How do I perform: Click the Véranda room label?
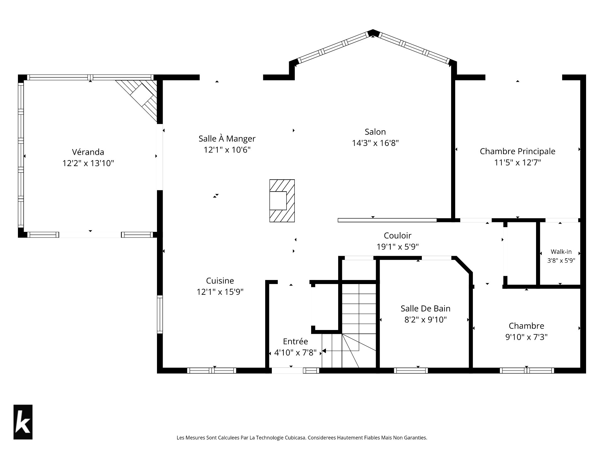click(x=88, y=152)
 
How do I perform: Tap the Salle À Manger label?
click(x=227, y=138)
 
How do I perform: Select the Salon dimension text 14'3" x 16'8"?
click(x=375, y=143)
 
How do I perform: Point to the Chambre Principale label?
click(x=517, y=151)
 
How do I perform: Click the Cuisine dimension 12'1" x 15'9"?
click(x=220, y=292)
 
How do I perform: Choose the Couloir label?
click(x=398, y=235)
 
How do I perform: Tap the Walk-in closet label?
click(x=561, y=252)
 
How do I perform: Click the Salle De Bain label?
click(x=426, y=308)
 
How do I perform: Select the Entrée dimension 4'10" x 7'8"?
click(x=295, y=353)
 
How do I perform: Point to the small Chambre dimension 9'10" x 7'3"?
click(x=526, y=337)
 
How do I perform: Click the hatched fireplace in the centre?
click(x=282, y=201)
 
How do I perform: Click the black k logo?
click(x=23, y=422)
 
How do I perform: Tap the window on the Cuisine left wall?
click(x=160, y=315)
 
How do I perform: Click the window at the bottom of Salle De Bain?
click(x=411, y=371)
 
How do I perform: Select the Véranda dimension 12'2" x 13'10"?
click(x=88, y=163)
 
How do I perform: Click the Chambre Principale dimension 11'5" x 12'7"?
click(x=517, y=163)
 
